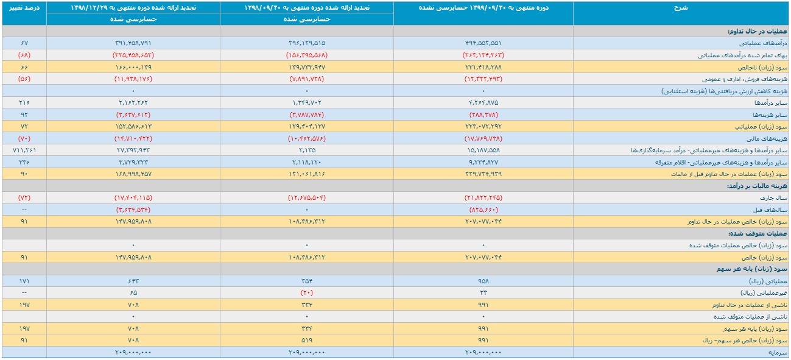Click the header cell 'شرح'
click(x=680, y=7)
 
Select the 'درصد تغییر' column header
click(x=24, y=7)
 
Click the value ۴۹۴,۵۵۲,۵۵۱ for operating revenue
click(x=483, y=43)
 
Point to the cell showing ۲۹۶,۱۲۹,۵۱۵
click(x=306, y=43)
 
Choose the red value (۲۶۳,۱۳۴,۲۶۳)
click(x=483, y=55)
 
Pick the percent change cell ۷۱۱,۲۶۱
click(x=24, y=150)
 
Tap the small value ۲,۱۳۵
click(x=306, y=150)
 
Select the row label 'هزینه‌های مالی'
click(x=772, y=138)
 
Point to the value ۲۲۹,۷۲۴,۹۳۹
click(x=483, y=174)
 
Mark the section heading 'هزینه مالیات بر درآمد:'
click(x=757, y=186)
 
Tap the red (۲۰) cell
click(x=306, y=293)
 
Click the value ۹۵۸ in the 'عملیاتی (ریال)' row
click(x=483, y=281)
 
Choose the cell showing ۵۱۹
click(x=306, y=341)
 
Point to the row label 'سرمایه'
click(x=778, y=353)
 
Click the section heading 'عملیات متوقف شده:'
click(x=758, y=233)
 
